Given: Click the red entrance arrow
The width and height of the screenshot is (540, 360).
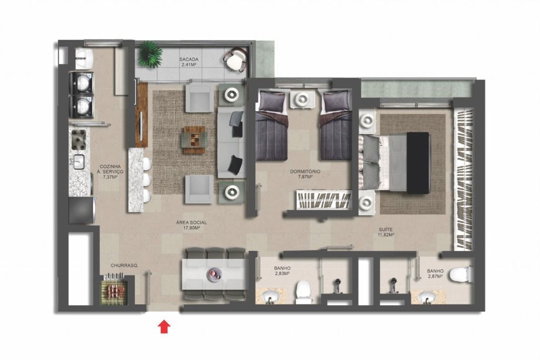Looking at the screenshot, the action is tap(165, 327).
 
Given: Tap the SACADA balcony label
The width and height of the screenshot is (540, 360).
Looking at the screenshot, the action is tap(189, 59).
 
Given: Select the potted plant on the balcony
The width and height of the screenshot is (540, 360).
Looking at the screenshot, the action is tap(150, 54).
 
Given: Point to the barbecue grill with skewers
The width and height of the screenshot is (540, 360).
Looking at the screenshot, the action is tap(114, 288).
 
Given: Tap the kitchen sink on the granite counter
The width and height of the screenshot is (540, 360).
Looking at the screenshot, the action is tap(79, 162).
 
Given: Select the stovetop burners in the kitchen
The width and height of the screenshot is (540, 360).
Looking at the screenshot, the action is tap(79, 139).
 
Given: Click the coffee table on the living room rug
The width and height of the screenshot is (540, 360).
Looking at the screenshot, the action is tap(195, 140).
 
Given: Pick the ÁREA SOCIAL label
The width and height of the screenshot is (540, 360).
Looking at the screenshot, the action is tap(191, 222).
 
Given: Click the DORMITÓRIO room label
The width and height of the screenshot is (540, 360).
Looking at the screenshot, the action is tap(305, 171).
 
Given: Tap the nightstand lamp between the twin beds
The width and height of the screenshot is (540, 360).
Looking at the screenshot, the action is tap(302, 99).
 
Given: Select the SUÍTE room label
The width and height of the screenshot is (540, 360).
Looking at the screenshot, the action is tap(385, 229).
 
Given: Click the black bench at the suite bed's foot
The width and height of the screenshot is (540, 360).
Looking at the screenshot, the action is tap(418, 163).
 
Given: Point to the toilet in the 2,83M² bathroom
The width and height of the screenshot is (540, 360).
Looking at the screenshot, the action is tap(303, 291).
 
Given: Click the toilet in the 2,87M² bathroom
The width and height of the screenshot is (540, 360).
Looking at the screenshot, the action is tap(460, 274).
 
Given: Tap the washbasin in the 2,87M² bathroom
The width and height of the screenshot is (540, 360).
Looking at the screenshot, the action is tap(427, 297).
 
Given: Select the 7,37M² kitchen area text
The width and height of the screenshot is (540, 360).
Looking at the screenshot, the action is tap(111, 177).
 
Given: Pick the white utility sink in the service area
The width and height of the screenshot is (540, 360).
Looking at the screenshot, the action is tap(84, 59).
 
